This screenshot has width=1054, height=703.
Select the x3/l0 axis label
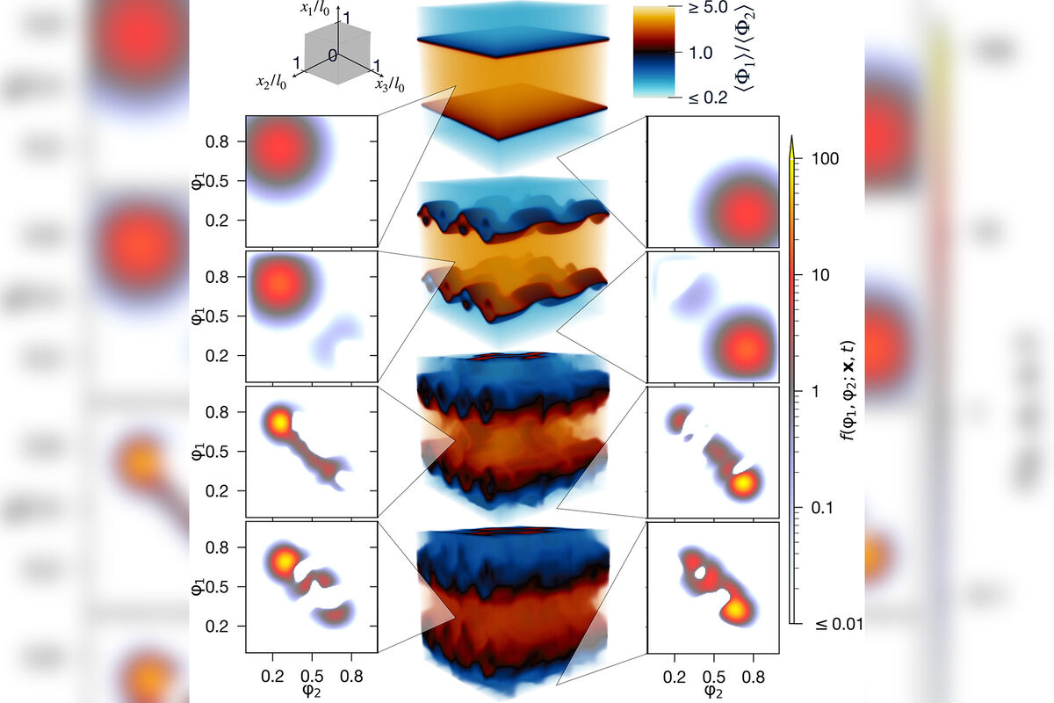point(390,84)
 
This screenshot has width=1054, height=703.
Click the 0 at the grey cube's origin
point(333,56)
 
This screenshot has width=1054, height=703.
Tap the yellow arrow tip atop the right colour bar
point(791,142)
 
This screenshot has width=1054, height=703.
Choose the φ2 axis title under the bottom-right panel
point(712,690)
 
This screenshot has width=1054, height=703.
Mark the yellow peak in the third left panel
point(278,422)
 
